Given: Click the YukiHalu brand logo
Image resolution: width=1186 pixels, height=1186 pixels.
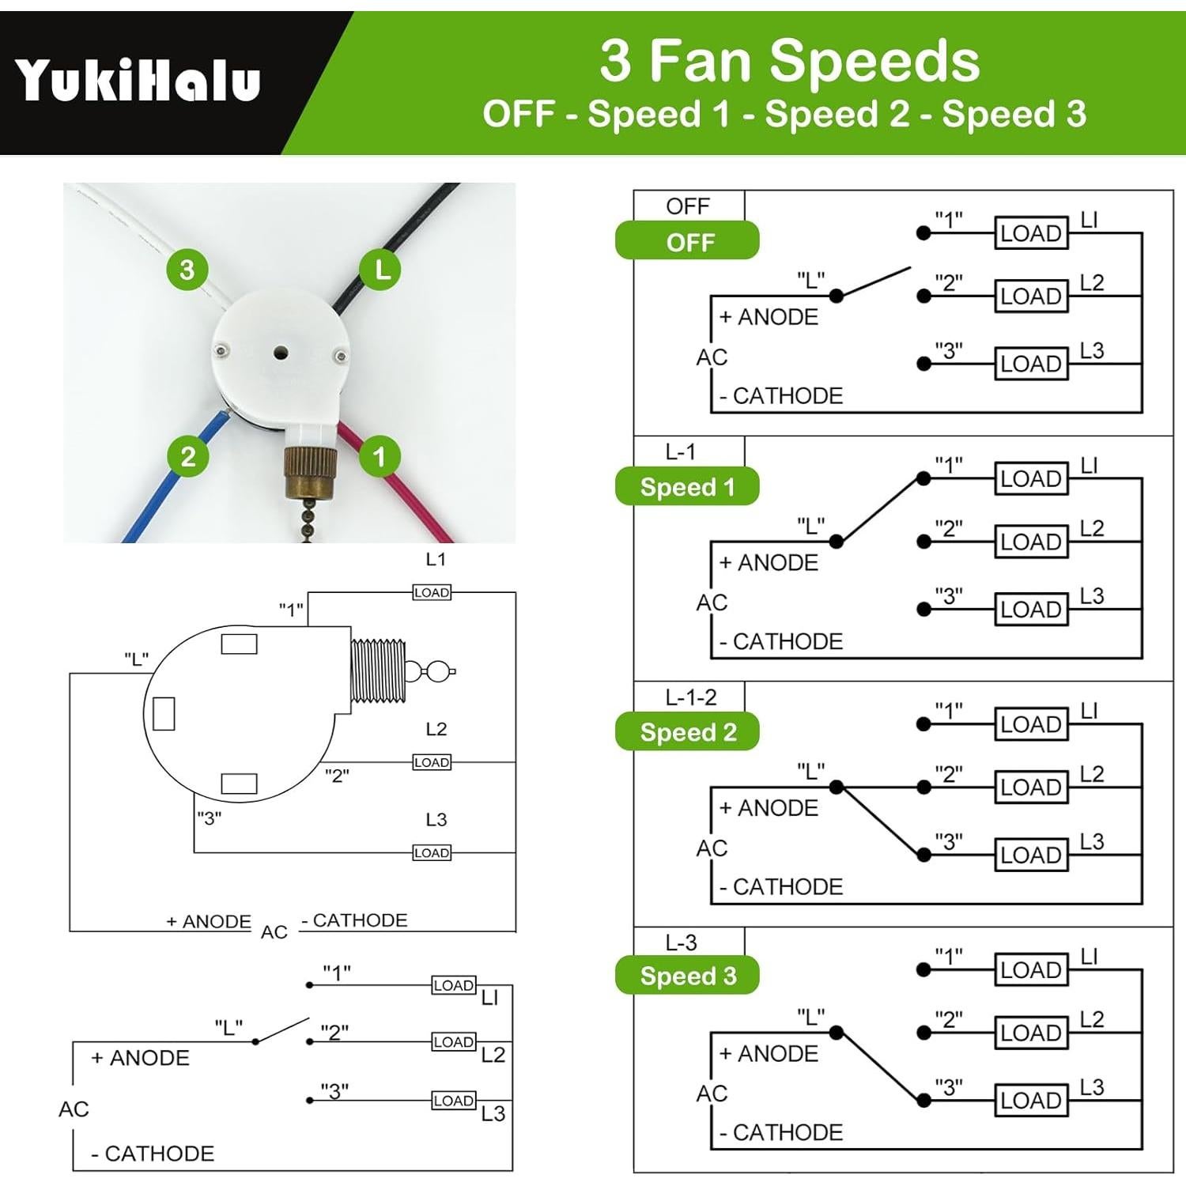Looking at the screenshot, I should (138, 81).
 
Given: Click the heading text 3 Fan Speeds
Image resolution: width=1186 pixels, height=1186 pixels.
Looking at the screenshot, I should (789, 61).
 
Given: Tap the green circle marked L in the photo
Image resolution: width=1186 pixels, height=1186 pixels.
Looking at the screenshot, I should (381, 270).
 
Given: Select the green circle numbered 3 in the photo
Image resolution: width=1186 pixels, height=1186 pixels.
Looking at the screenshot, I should (187, 270).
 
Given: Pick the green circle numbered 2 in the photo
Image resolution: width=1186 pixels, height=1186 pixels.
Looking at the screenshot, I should (187, 456).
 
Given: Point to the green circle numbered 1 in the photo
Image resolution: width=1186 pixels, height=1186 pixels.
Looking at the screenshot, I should (379, 456).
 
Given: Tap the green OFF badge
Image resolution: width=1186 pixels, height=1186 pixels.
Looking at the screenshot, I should (687, 241).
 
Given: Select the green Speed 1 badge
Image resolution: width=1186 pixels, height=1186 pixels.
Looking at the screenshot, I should (687, 487).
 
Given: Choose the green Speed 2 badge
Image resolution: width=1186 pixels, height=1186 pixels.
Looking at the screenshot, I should (687, 732).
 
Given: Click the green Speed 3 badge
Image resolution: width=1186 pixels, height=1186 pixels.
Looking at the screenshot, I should (687, 976).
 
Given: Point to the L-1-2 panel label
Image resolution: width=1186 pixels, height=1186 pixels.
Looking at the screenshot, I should (690, 697).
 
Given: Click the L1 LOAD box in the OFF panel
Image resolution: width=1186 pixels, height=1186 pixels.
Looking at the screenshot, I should (1030, 233).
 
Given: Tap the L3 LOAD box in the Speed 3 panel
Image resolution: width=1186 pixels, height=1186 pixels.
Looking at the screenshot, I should (1030, 1100).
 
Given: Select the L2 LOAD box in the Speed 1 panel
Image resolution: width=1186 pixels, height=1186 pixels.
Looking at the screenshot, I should (1030, 542).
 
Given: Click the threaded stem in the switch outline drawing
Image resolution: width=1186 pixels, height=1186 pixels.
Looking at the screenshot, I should (378, 671).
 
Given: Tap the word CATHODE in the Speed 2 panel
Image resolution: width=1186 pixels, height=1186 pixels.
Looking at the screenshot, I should (788, 887).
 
